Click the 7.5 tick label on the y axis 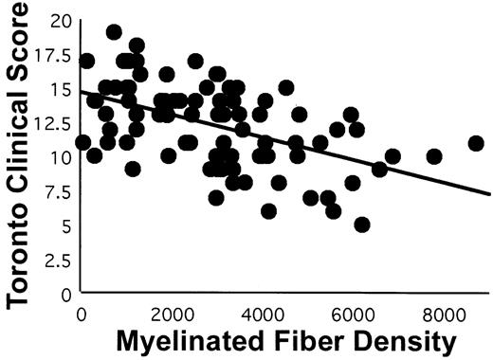(x=55, y=190)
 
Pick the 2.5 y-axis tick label (x=55, y=259)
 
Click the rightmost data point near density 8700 (x=476, y=143)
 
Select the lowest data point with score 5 (x=361, y=225)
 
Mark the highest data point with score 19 (x=114, y=32)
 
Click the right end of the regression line (x=489, y=193)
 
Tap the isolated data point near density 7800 (x=434, y=156)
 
